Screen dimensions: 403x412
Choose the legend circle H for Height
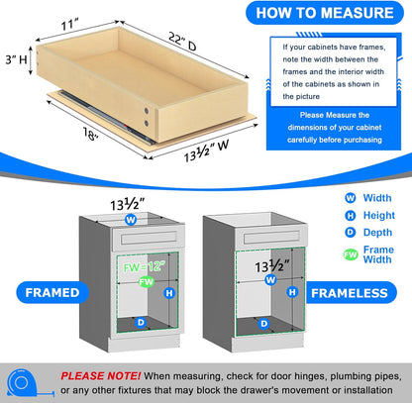tap(322, 215)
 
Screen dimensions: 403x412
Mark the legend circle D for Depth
tap(322, 234)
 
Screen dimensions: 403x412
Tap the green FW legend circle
tap(322, 254)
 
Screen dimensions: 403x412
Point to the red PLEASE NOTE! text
tap(99, 375)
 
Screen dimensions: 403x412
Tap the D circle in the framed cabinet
tap(142, 322)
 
